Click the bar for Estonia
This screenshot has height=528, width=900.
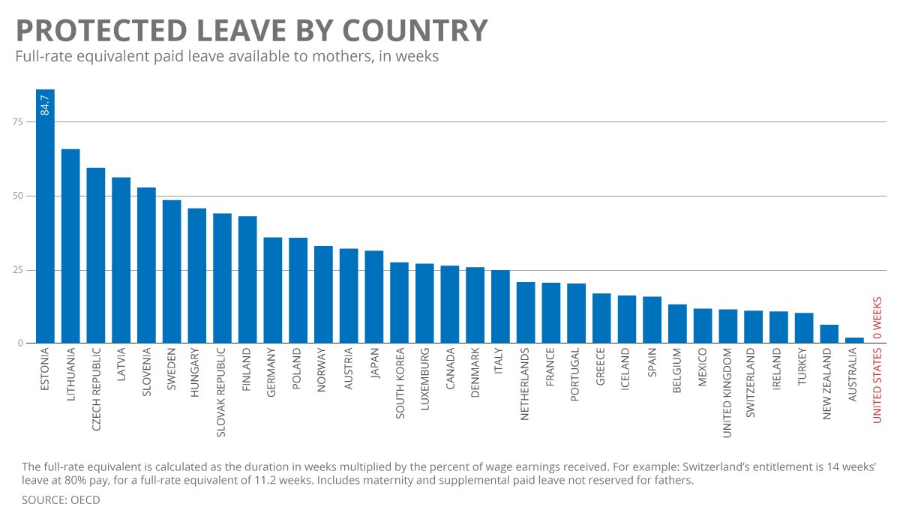[x=45, y=225]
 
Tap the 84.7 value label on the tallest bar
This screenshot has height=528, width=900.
[x=45, y=104]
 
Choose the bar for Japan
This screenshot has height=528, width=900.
[x=374, y=297]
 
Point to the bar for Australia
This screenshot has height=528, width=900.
[x=854, y=340]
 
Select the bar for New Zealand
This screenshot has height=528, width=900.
[x=829, y=334]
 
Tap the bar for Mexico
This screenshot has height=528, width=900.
[x=703, y=325]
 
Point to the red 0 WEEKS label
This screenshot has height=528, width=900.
[x=877, y=318]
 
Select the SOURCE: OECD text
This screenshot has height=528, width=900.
[x=61, y=499]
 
